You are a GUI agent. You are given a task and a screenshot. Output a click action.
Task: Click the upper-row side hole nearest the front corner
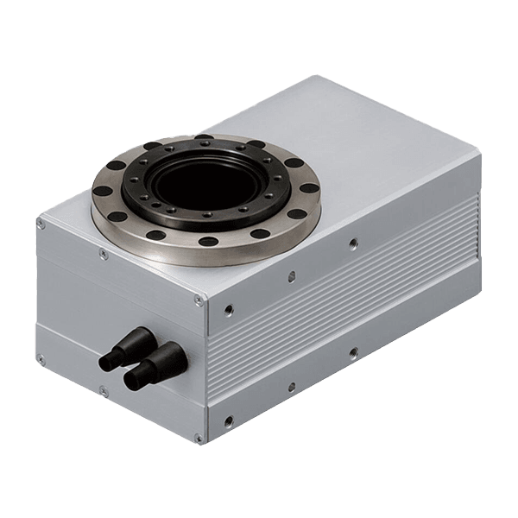point(228,306)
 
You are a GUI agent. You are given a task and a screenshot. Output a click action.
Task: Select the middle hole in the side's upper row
point(291,275)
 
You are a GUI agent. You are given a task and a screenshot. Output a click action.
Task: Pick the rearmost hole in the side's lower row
point(353,352)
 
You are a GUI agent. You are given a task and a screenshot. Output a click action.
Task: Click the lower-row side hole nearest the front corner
point(228,420)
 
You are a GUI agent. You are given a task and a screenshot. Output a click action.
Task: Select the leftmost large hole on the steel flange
point(103,192)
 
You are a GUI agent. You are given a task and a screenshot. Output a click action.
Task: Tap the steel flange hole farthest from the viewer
point(204,138)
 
